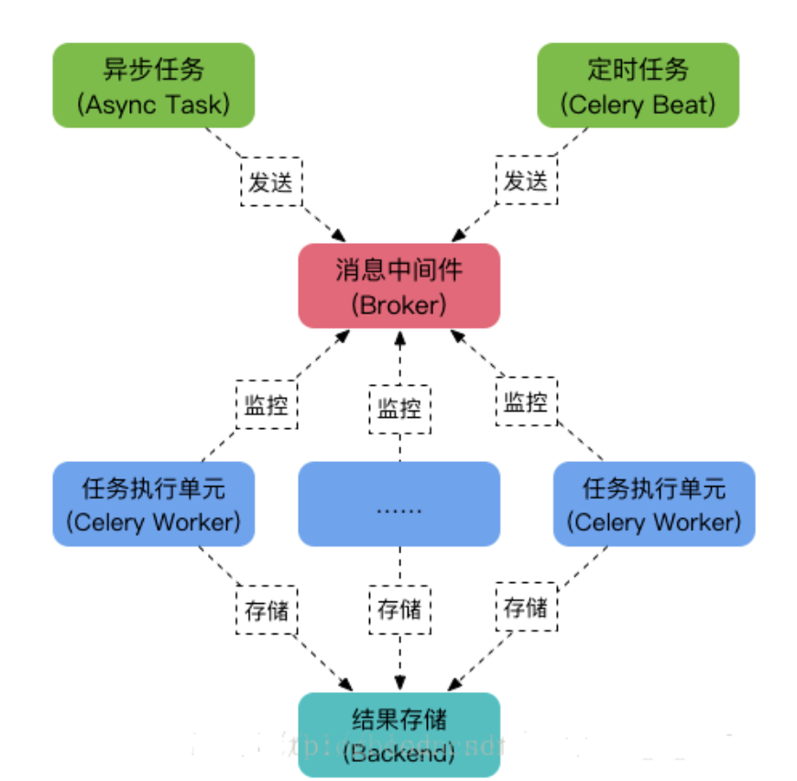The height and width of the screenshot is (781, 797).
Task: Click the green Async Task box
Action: (153, 85)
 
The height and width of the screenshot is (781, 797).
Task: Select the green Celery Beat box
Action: (638, 85)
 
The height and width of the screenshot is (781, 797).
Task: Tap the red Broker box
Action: (398, 286)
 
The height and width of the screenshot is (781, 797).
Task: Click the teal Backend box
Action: (398, 734)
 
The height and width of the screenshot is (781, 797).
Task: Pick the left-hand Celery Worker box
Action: (153, 504)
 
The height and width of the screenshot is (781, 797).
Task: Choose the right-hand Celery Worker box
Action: (653, 504)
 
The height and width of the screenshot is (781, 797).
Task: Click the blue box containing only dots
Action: (398, 504)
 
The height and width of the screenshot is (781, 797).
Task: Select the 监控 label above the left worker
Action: (266, 405)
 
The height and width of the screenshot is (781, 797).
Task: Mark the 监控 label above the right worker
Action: (526, 401)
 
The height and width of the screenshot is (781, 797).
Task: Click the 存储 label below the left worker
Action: (267, 610)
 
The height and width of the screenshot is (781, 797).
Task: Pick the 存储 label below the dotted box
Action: (399, 610)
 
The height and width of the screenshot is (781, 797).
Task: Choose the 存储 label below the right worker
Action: (526, 607)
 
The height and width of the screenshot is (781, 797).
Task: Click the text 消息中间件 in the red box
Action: (398, 270)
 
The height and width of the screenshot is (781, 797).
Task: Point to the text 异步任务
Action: (153, 70)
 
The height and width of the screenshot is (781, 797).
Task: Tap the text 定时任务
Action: (638, 70)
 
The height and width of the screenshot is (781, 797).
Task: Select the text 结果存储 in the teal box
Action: (398, 718)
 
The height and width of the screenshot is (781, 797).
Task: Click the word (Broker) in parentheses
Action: (398, 303)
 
